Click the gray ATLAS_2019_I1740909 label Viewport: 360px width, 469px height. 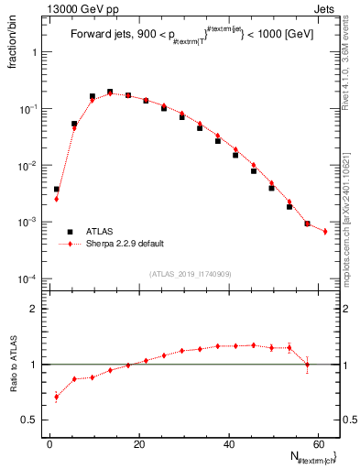click(x=190, y=274)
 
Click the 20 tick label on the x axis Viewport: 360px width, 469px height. click(x=139, y=444)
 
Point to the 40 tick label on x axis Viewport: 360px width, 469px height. click(x=229, y=444)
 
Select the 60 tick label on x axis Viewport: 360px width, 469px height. click(x=319, y=444)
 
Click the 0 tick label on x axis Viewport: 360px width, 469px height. click(x=50, y=444)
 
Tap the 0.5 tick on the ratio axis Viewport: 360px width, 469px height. click(x=33, y=420)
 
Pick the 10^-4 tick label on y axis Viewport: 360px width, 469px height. click(x=29, y=278)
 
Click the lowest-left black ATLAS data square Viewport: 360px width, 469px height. click(x=56, y=190)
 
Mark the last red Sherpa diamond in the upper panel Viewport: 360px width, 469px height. click(x=325, y=232)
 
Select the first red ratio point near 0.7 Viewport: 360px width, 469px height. click(x=56, y=397)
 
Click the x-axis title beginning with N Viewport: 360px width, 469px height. click(x=305, y=457)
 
